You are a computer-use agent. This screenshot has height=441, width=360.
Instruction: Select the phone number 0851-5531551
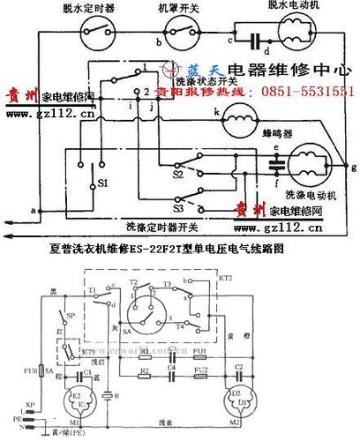304,92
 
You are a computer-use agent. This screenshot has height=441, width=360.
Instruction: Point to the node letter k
214,112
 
